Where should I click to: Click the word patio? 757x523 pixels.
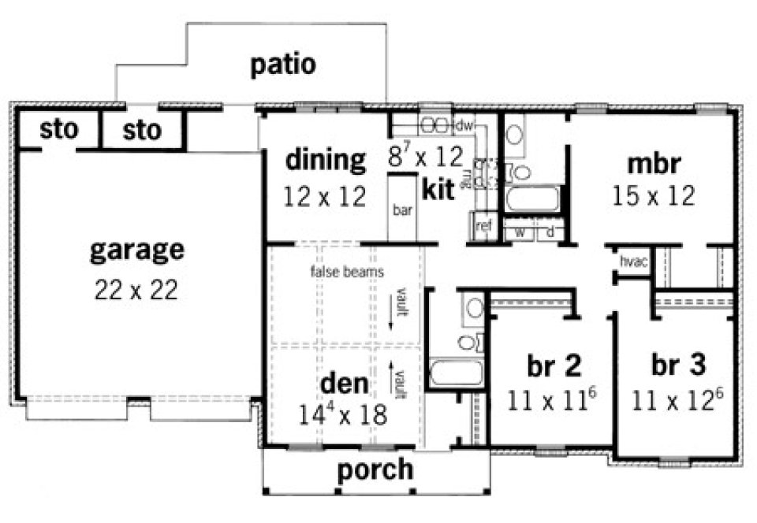[283, 65]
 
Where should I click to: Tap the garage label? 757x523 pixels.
[137, 250]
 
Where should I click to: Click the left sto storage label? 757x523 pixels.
[59, 130]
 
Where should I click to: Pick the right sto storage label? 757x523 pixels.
[143, 130]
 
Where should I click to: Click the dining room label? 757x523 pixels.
[326, 160]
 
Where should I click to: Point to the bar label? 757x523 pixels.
[402, 211]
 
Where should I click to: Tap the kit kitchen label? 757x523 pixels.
[438, 190]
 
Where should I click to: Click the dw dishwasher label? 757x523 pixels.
[464, 125]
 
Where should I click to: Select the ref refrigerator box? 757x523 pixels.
[483, 226]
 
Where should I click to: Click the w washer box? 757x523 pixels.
[520, 232]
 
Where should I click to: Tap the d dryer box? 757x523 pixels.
[549, 232]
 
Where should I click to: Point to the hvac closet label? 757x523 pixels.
[633, 261]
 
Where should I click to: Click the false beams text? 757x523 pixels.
[347, 273]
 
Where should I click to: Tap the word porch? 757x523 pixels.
[375, 469]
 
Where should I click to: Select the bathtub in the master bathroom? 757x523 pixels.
[533, 199]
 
